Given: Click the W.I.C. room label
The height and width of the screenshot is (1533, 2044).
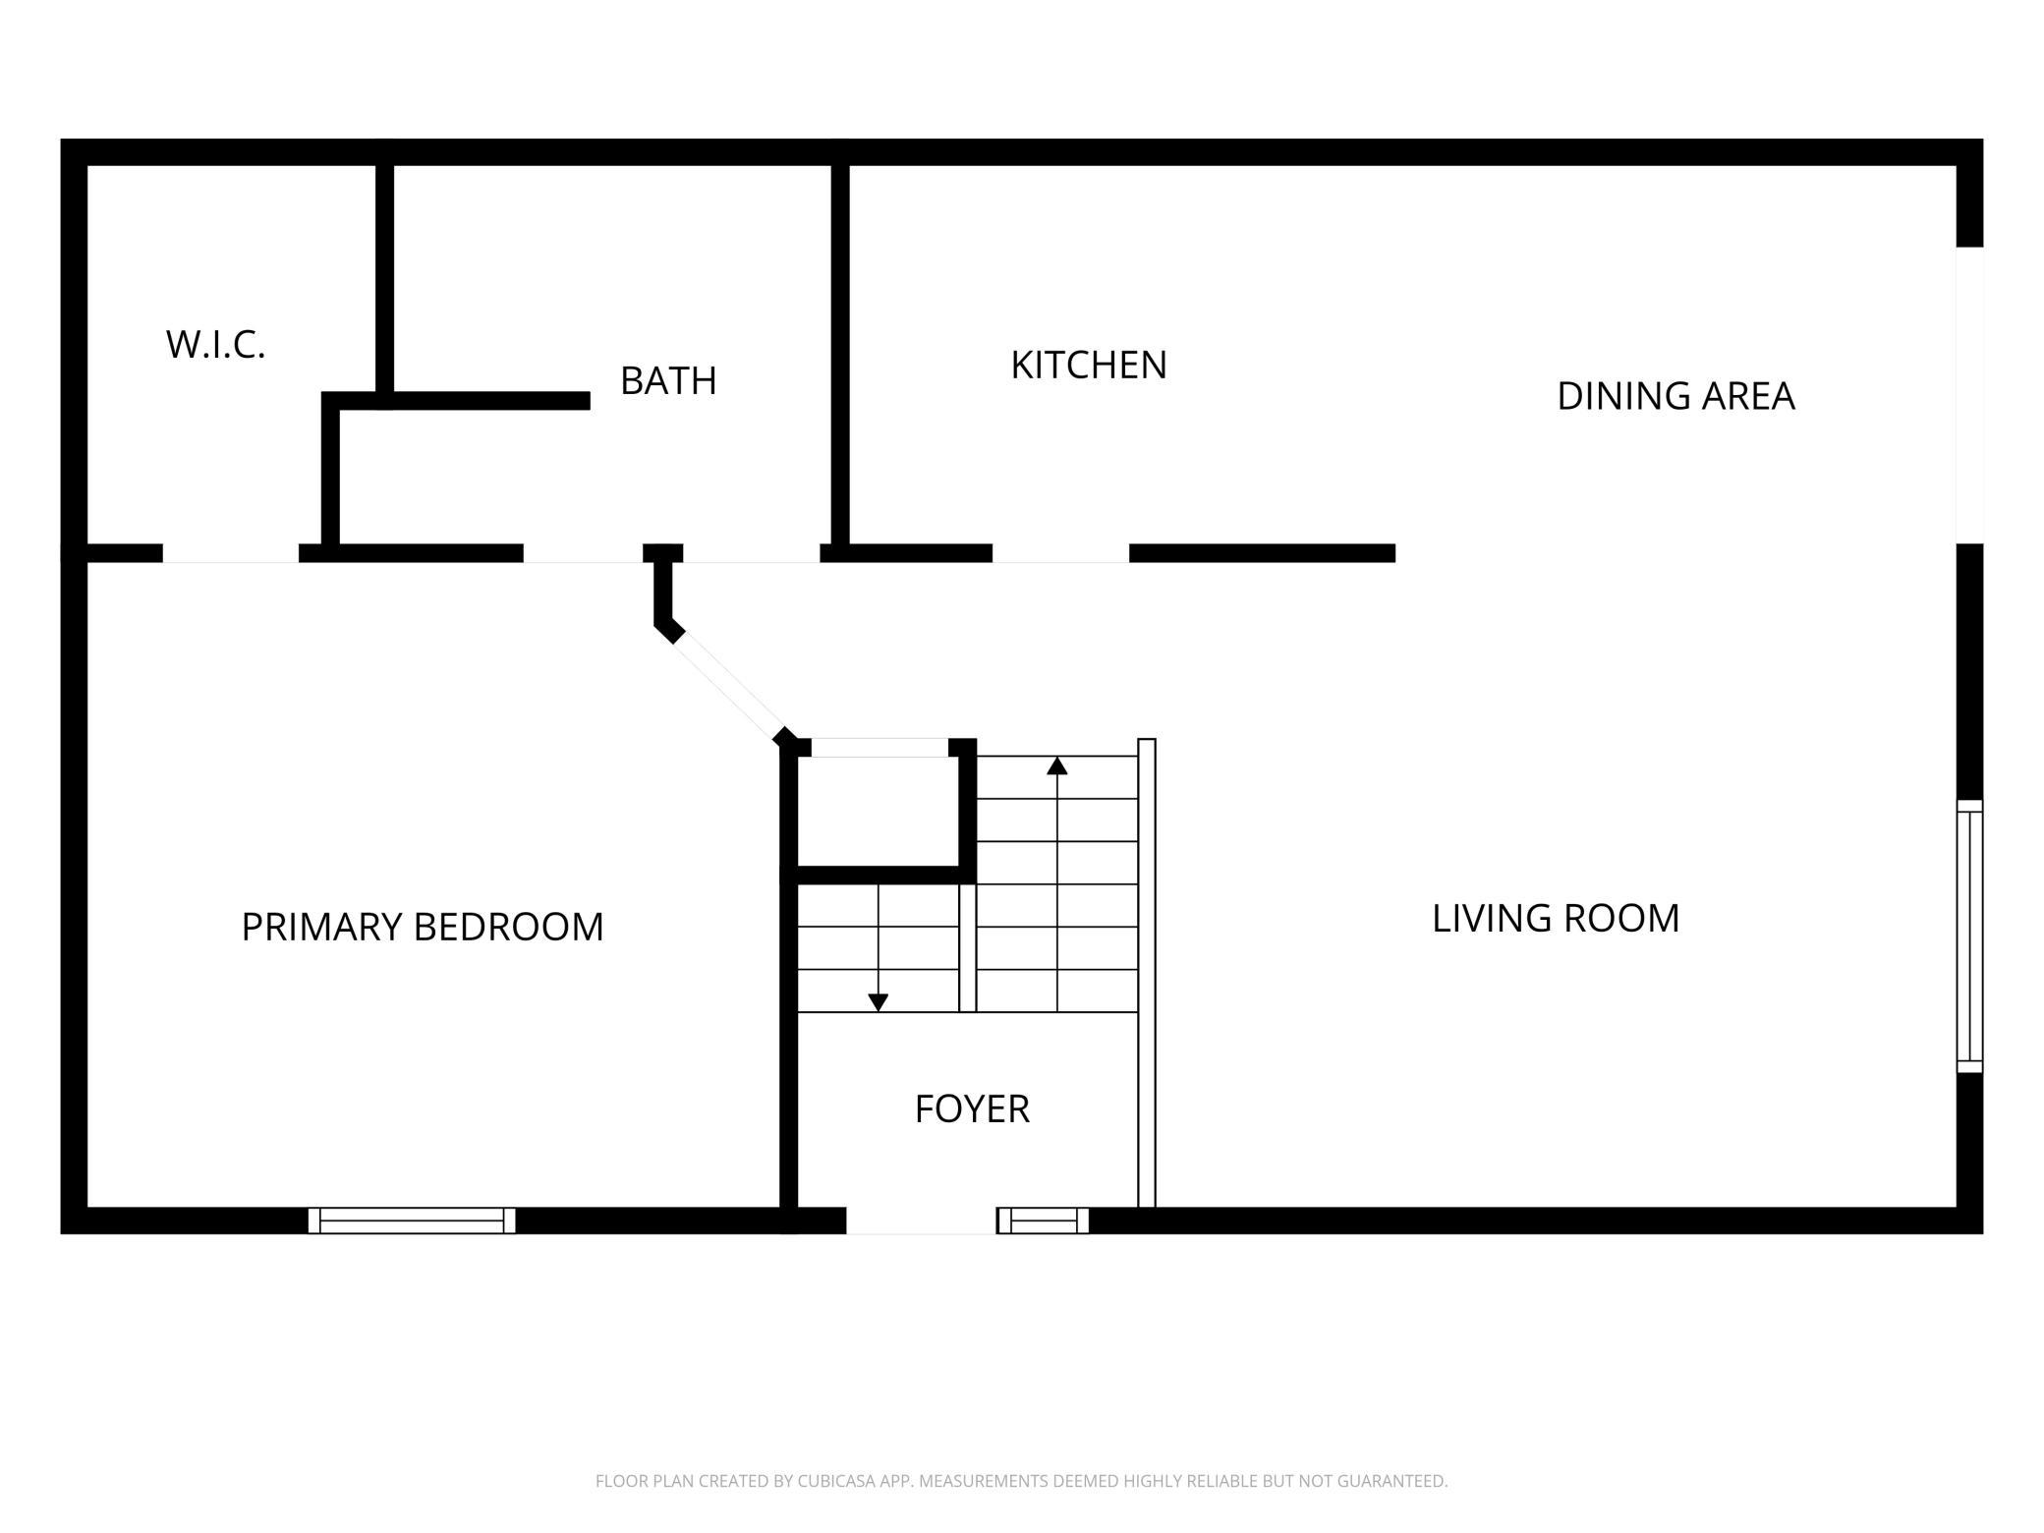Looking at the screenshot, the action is click(215, 345).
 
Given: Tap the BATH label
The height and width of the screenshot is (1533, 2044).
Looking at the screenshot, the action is click(668, 380).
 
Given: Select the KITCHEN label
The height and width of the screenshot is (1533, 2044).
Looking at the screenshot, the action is click(1089, 365).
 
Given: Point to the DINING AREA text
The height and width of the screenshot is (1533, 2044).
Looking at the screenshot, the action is click(1675, 396).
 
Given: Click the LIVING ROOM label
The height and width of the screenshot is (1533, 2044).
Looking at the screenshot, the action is click(1556, 918).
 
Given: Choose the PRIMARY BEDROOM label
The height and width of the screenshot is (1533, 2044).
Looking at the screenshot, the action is click(423, 927).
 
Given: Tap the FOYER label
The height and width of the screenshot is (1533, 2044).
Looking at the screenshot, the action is click(972, 1108).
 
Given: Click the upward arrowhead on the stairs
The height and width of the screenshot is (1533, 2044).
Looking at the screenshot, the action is click(1057, 766).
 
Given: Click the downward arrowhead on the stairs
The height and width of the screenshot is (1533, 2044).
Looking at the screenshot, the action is click(879, 1002).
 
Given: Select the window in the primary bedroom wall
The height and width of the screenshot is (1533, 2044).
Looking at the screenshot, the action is click(412, 1221).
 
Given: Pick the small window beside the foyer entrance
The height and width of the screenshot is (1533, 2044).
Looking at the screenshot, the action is click(1044, 1221).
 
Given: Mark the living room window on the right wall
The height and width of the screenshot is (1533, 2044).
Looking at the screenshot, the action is click(1969, 937).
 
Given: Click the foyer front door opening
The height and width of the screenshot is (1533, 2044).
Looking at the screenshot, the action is click(921, 1221).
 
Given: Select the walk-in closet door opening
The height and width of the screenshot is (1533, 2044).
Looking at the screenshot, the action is click(231, 553).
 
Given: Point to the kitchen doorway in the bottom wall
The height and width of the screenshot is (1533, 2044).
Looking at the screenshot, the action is click(1060, 553).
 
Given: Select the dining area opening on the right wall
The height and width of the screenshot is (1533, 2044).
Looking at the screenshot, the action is click(1969, 395).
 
